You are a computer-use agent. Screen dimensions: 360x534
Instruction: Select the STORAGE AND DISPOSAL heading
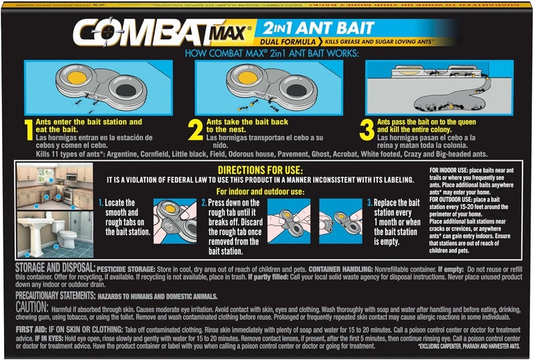[x=51, y=266]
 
